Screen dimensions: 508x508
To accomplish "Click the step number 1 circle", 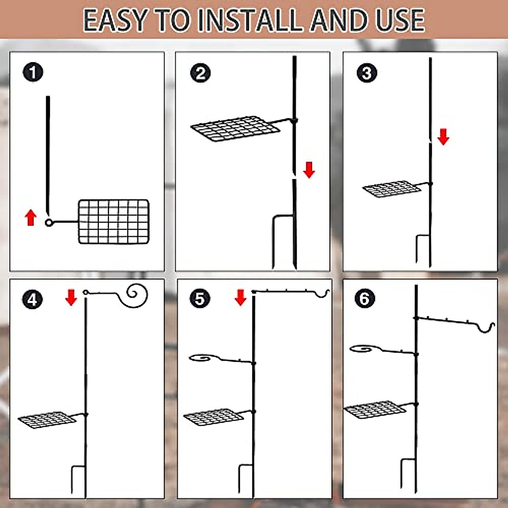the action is click(33, 72).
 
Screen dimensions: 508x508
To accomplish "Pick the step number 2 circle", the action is click(200, 73).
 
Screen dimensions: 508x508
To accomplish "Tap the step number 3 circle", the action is click(367, 73).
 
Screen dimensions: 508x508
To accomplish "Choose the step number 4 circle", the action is click(33, 300).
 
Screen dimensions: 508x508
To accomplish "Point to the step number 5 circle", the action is click(200, 299).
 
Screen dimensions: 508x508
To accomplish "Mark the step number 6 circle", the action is click(365, 299).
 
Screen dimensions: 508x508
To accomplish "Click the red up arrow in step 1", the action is click(30, 218).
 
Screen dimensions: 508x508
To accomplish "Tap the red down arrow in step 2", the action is click(309, 170).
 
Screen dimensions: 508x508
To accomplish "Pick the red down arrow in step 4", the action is click(71, 298).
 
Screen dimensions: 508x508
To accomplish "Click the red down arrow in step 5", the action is click(240, 298).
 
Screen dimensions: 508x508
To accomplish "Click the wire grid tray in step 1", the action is click(113, 221).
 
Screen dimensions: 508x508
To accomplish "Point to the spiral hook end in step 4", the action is click(137, 293).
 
